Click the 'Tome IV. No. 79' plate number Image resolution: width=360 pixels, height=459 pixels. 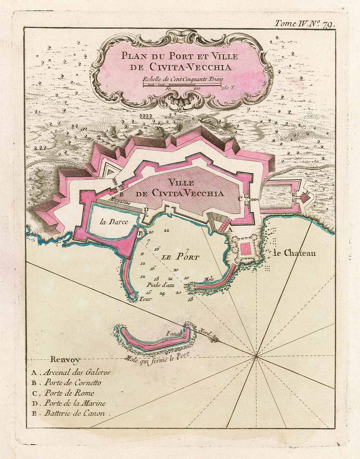(x=305, y=24)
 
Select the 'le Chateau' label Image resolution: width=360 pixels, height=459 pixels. (x=294, y=253)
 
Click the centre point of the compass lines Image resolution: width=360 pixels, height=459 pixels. (x=256, y=356)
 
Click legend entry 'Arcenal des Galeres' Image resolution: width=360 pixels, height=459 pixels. (x=76, y=372)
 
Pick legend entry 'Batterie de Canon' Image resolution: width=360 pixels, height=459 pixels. (x=74, y=413)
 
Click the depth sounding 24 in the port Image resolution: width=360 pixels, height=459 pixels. (x=162, y=293)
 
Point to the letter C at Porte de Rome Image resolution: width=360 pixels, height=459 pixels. (x=240, y=198)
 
